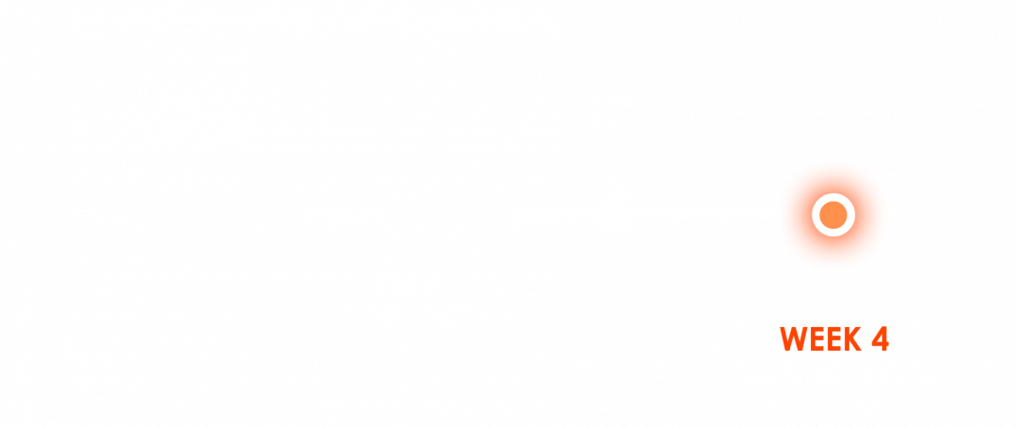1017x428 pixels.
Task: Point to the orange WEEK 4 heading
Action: [x=834, y=338]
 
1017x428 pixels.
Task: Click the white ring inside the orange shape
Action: [x=833, y=215]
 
